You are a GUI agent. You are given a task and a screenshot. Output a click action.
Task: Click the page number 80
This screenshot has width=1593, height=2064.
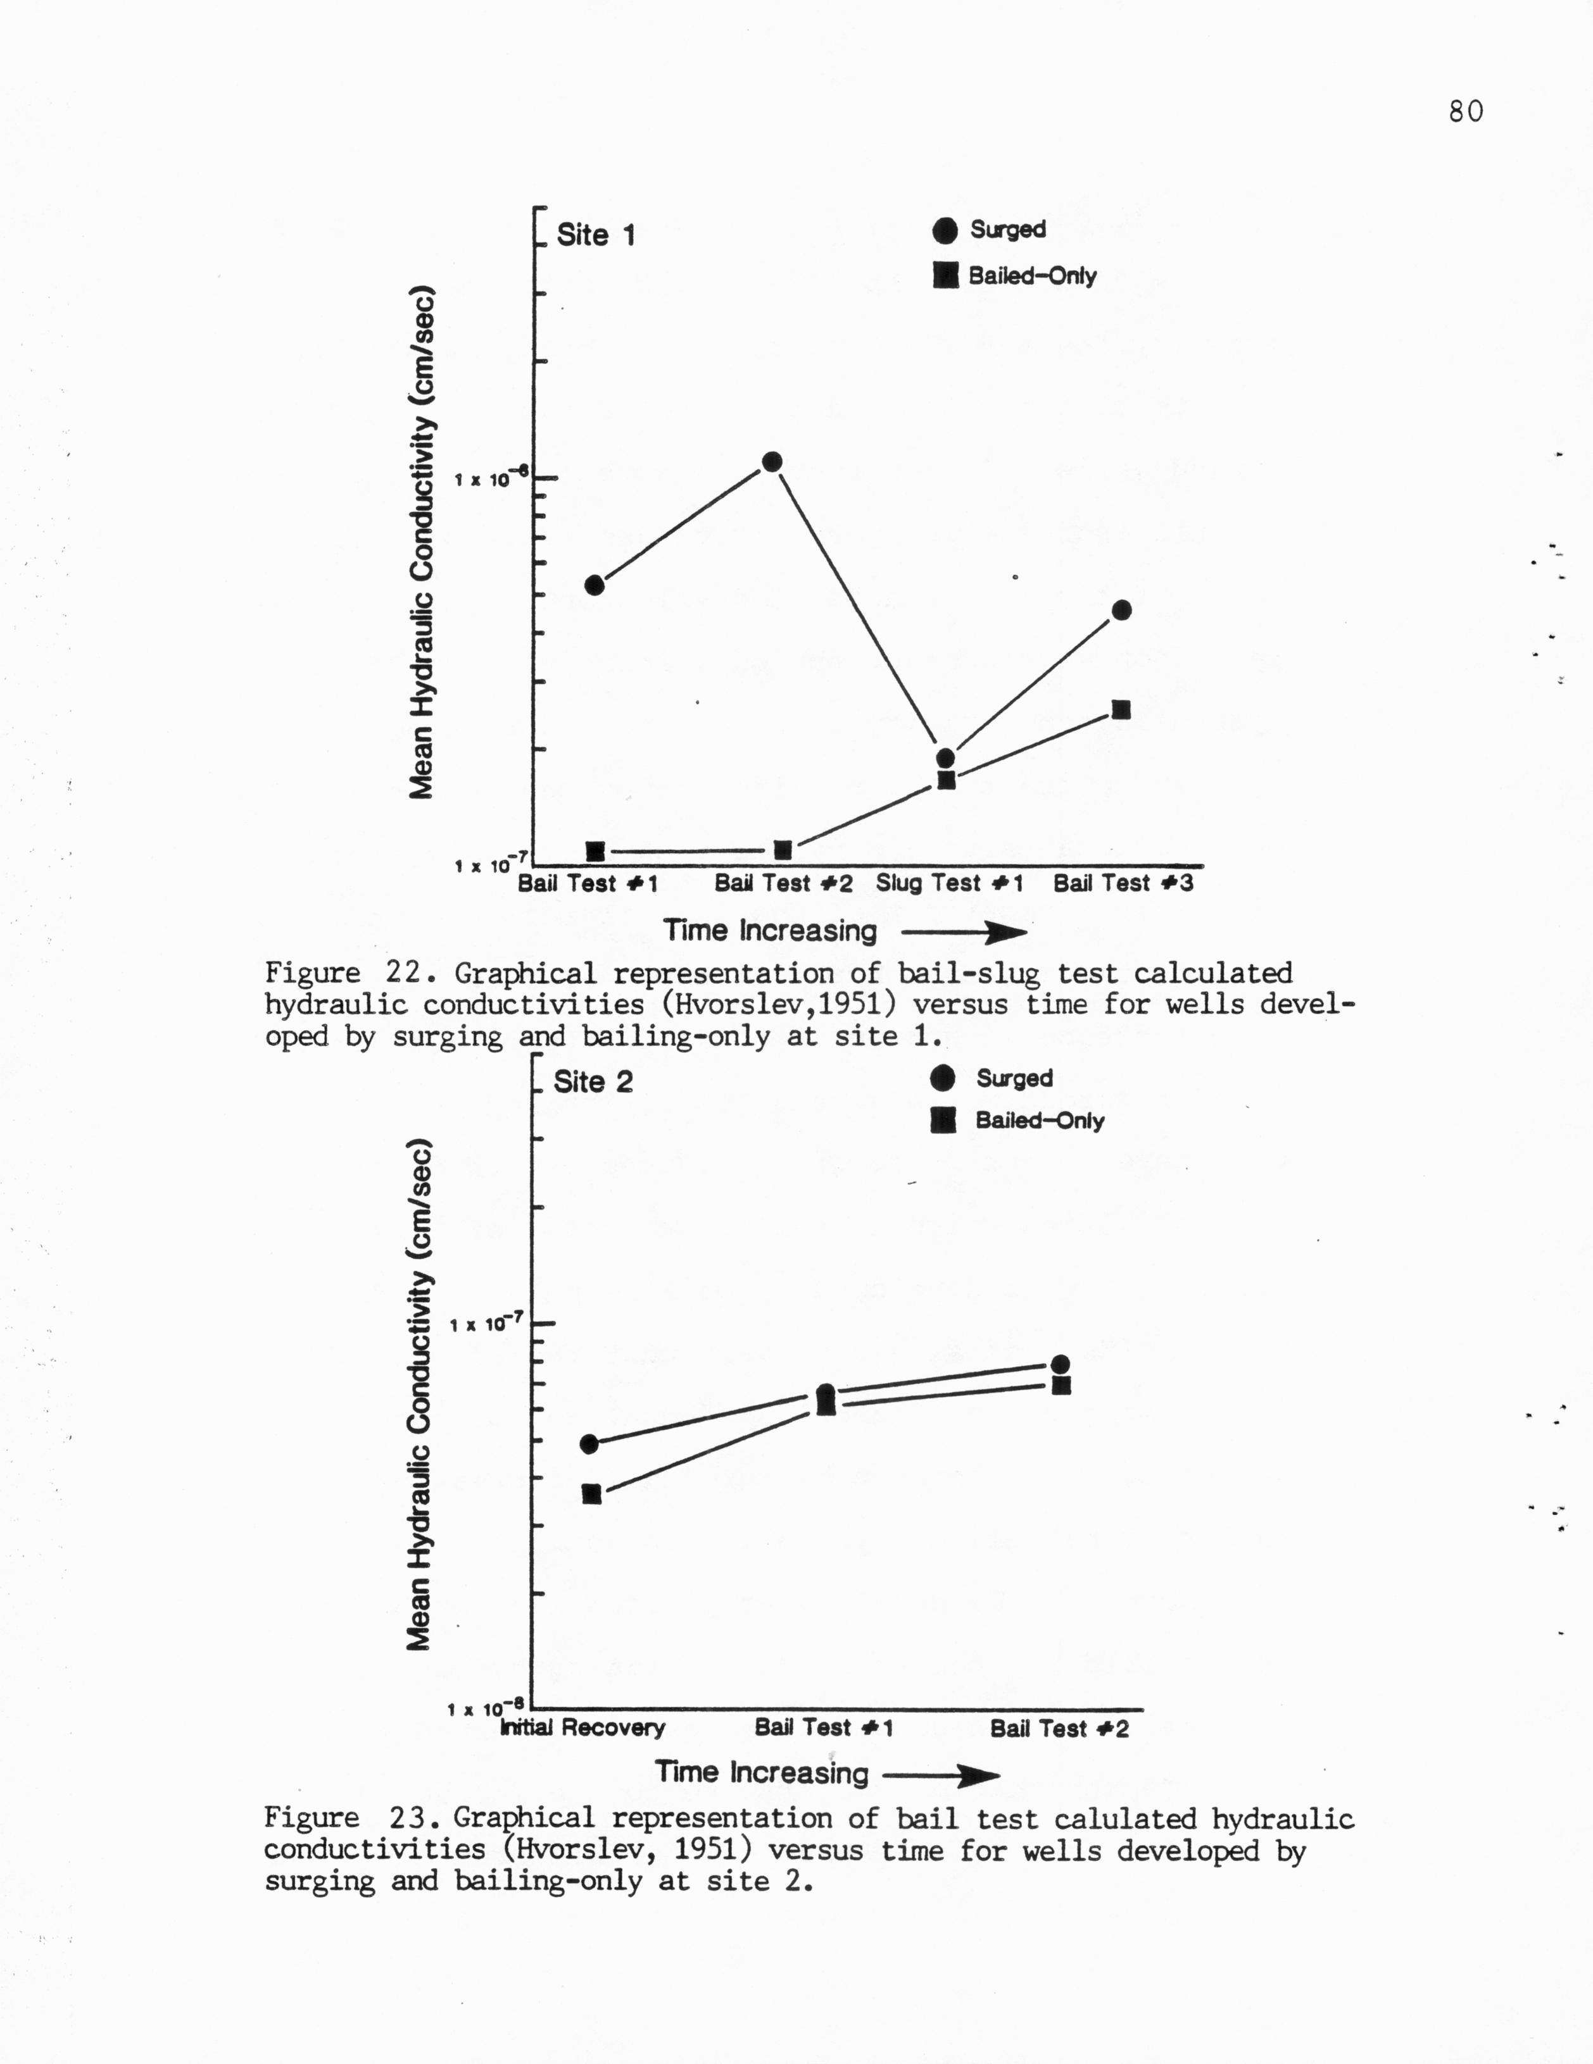(1464, 111)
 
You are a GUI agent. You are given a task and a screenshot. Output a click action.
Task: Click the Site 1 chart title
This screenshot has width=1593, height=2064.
(596, 234)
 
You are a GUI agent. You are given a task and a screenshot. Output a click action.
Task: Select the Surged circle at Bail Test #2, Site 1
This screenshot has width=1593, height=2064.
(771, 462)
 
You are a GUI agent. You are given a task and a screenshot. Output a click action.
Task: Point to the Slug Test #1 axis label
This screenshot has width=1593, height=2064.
(949, 884)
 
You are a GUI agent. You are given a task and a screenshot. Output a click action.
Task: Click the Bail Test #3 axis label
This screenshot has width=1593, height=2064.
(1123, 884)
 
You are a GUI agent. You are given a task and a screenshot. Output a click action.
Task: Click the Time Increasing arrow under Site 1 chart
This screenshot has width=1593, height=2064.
(964, 934)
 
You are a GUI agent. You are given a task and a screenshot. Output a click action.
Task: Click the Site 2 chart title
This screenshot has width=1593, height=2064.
(593, 1082)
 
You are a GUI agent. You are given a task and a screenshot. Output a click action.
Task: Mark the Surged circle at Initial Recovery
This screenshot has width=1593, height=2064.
(589, 1444)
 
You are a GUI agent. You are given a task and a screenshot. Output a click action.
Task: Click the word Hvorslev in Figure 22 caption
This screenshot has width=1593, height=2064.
(721, 1005)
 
